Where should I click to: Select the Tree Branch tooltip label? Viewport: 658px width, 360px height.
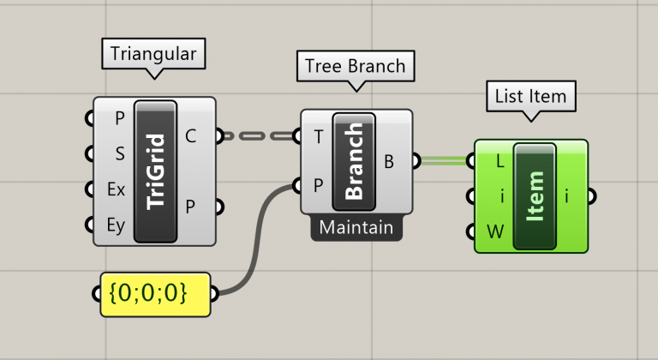click(x=355, y=66)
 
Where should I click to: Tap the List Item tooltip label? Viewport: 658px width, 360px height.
click(x=530, y=96)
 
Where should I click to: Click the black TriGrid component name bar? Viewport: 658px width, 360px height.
click(x=156, y=171)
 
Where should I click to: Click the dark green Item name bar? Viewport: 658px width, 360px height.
click(x=535, y=196)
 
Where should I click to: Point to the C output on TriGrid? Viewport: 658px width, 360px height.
click(x=190, y=135)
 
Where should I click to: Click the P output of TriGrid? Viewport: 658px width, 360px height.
click(x=190, y=207)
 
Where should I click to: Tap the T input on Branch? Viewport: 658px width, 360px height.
click(x=319, y=136)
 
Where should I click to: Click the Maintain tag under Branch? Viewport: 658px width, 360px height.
click(x=356, y=228)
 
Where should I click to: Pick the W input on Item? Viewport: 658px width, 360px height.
click(x=494, y=231)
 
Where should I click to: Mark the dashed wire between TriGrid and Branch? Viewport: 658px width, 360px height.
click(x=258, y=135)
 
